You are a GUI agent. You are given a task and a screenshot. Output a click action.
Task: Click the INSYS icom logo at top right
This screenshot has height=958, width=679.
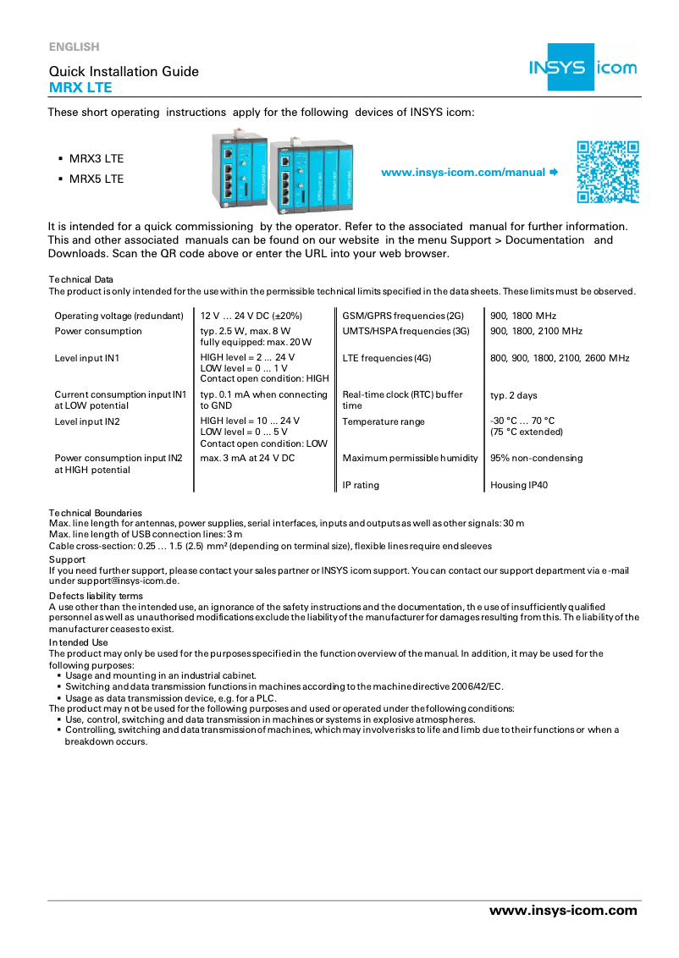point(582,67)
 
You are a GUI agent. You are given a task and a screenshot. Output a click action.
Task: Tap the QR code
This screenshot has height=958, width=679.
point(607,173)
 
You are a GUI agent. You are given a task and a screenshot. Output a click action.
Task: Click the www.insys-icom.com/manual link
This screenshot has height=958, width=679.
point(463,173)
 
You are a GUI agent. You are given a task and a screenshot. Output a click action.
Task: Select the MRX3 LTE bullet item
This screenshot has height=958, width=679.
point(96,158)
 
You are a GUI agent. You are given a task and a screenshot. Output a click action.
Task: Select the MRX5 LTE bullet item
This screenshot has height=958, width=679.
point(96,179)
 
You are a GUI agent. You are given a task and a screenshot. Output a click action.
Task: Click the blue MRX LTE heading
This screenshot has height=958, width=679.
point(80,87)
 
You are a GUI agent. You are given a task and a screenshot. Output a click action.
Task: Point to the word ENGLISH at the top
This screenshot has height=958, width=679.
point(74,47)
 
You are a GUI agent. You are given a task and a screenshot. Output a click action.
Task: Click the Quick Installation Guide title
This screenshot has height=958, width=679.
point(124,71)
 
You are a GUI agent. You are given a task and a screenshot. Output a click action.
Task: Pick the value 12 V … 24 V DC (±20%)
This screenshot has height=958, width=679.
point(251,316)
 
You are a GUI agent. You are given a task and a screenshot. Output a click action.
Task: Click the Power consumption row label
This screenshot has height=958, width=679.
point(98,331)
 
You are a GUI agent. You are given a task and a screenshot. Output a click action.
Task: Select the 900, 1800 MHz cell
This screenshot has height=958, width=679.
point(523,316)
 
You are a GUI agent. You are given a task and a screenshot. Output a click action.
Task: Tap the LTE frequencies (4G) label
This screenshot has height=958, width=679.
point(387,358)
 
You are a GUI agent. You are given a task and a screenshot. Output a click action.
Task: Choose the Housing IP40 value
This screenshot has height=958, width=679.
point(519,486)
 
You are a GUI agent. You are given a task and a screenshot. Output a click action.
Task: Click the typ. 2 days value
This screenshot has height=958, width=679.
point(513,395)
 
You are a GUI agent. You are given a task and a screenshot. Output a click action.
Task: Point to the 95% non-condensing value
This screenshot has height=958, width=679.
point(537,458)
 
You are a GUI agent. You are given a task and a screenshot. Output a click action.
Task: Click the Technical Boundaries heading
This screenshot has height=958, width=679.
point(95,513)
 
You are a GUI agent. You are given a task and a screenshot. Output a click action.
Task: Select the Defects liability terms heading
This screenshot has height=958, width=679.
point(96,597)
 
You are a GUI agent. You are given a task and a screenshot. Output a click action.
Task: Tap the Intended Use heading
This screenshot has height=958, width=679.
point(78,642)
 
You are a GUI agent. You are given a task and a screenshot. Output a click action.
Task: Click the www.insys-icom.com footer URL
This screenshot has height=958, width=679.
point(563,911)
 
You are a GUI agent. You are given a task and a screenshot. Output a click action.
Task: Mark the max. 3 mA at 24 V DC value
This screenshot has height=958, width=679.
point(247,458)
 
